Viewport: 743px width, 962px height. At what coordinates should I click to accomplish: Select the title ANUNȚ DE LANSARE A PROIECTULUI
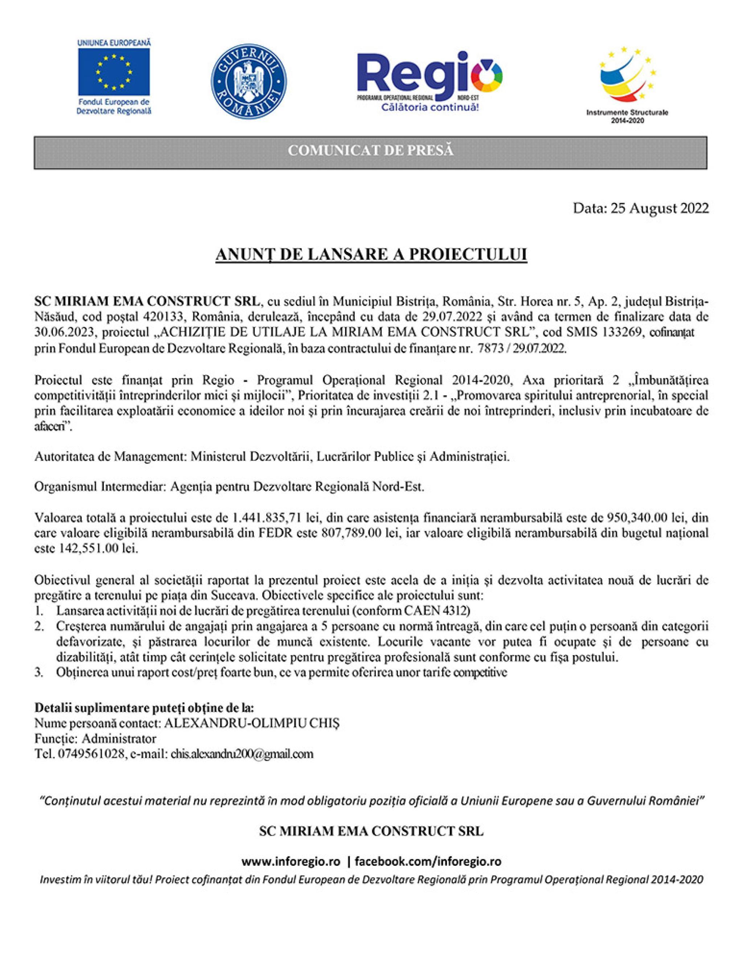point(371,255)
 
